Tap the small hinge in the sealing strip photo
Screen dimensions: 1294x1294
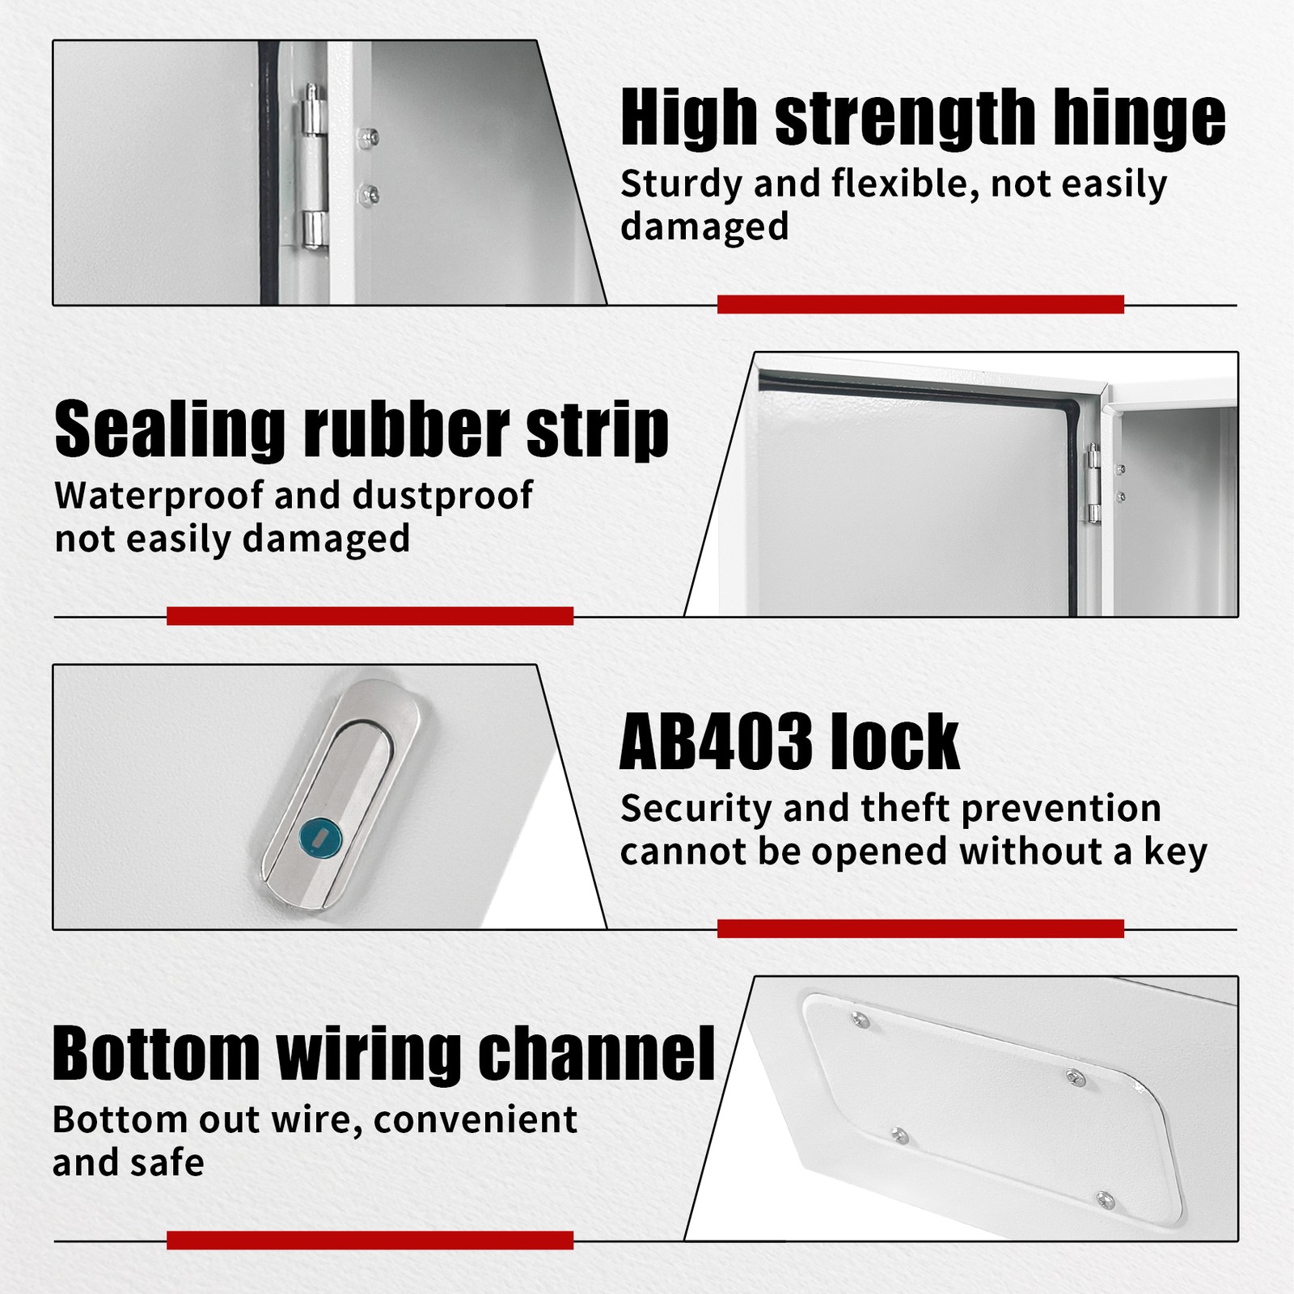coord(1094,483)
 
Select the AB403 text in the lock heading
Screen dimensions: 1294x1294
coord(716,742)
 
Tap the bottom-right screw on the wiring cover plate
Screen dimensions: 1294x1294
coord(1105,1200)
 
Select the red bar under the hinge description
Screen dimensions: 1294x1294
coord(920,304)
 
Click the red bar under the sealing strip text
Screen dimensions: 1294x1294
coord(370,616)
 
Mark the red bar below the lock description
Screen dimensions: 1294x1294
coord(920,928)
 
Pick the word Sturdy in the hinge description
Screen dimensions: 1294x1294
coord(681,185)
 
